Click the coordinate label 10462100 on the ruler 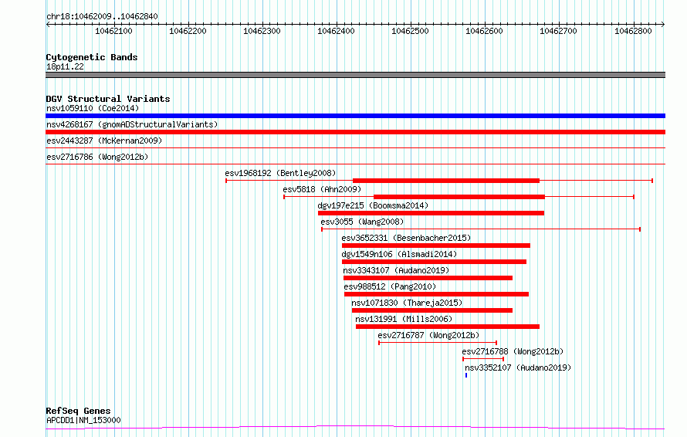[x=113, y=31]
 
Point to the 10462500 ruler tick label [x=410, y=31]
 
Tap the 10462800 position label [x=633, y=31]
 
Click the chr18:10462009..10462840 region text [x=102, y=17]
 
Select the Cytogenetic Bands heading [x=92, y=57]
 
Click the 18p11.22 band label [x=65, y=66]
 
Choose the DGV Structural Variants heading [x=108, y=99]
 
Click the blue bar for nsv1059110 [x=355, y=116]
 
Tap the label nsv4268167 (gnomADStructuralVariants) [x=132, y=124]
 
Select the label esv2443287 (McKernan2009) [x=104, y=141]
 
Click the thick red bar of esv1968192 [x=446, y=181]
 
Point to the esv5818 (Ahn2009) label [x=322, y=189]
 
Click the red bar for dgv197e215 [x=431, y=213]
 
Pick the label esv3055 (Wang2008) [x=362, y=222]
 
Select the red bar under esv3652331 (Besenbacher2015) [x=436, y=246]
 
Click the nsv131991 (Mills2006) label [x=404, y=319]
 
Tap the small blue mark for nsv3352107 [x=466, y=375]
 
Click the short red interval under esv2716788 [x=483, y=359]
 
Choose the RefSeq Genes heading [x=78, y=411]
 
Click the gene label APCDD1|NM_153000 [x=83, y=420]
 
